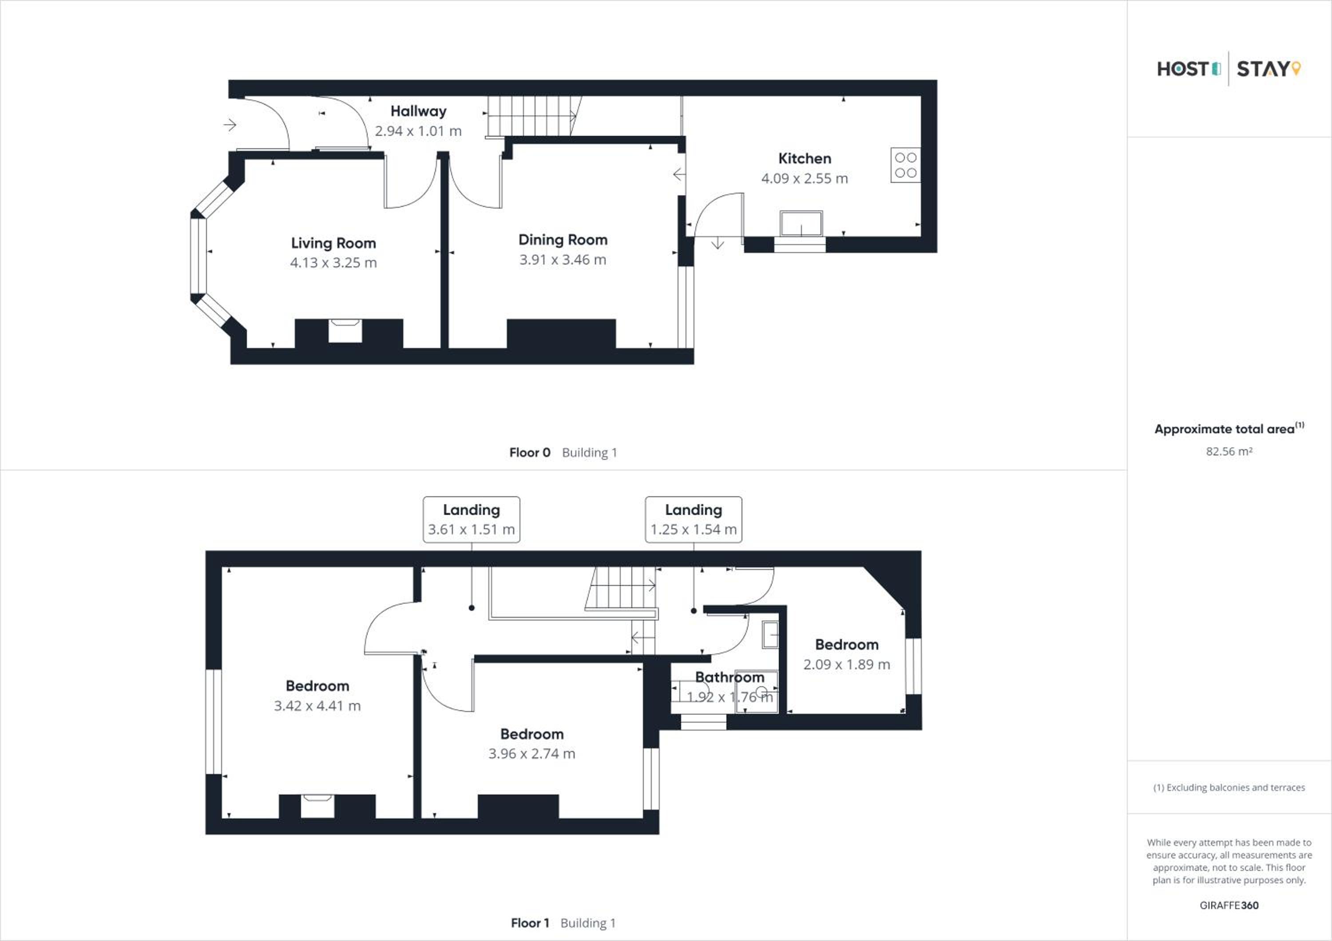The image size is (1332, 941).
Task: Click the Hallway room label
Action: pyautogui.click(x=418, y=111)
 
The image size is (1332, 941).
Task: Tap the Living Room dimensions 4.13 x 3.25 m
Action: pyautogui.click(x=333, y=263)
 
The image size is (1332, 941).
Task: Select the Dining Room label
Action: pyautogui.click(x=563, y=240)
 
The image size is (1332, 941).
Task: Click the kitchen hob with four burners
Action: pyautogui.click(x=905, y=165)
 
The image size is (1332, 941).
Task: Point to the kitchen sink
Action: pyautogui.click(x=801, y=224)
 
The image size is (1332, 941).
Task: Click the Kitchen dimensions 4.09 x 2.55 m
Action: pyautogui.click(x=805, y=178)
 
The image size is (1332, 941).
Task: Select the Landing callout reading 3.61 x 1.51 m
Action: pyautogui.click(x=471, y=519)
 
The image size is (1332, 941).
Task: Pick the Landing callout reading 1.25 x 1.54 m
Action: pyautogui.click(x=693, y=519)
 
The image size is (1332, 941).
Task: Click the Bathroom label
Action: pyautogui.click(x=730, y=677)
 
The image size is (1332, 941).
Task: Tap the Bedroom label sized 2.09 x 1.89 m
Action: pyautogui.click(x=846, y=645)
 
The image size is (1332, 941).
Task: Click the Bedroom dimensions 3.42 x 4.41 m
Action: pyautogui.click(x=317, y=706)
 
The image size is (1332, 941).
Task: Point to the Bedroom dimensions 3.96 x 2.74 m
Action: pyautogui.click(x=532, y=754)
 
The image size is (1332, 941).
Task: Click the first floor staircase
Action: pyautogui.click(x=621, y=588)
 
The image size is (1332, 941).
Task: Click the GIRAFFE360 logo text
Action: pyautogui.click(x=1229, y=905)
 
